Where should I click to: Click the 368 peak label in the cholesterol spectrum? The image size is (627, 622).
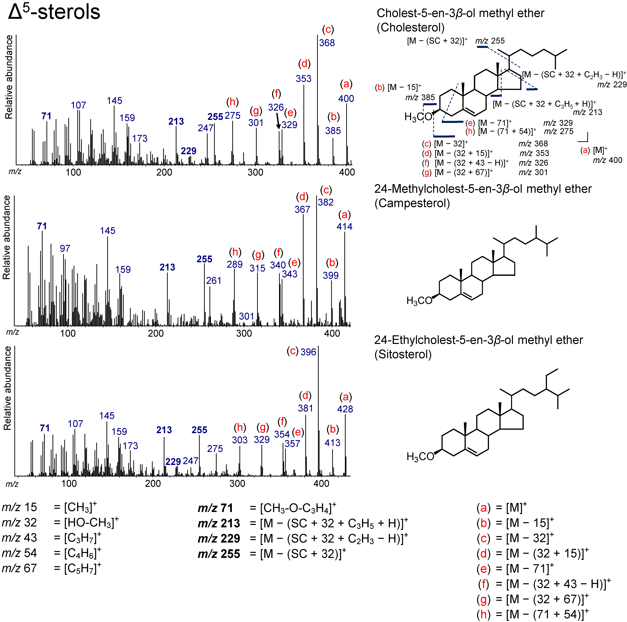point(327,43)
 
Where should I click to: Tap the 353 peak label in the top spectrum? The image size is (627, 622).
point(303,78)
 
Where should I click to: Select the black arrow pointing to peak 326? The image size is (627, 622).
point(278,122)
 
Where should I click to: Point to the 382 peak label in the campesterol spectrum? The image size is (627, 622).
point(326,202)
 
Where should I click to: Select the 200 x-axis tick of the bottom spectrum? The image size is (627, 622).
point(153,483)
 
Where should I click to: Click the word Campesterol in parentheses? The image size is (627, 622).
point(412,204)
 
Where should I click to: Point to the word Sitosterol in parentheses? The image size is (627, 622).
point(403,354)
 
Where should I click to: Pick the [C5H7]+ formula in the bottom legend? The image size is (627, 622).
point(83,568)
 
